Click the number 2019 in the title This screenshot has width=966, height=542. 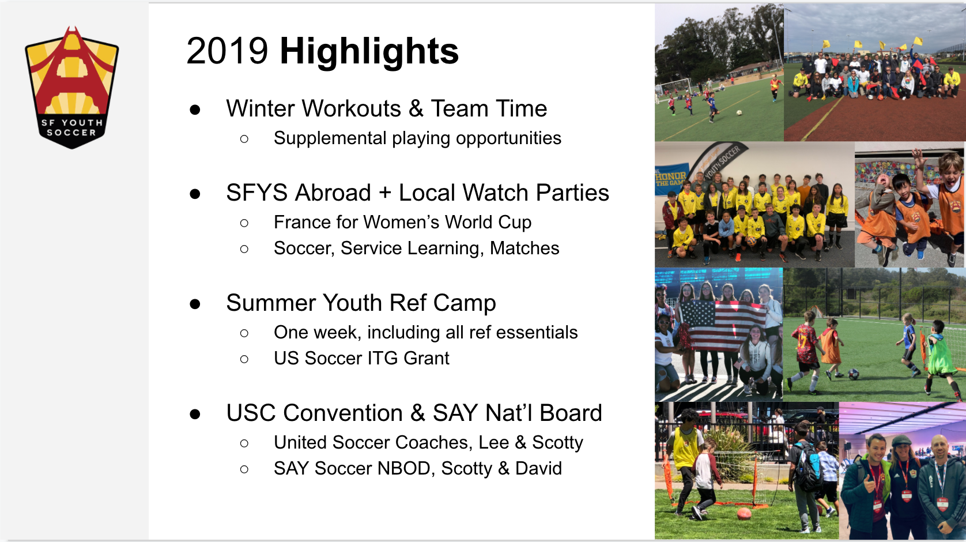227,51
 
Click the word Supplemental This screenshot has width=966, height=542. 330,138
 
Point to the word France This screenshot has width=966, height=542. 302,223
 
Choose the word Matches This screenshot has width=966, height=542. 524,249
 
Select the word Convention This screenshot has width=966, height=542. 344,413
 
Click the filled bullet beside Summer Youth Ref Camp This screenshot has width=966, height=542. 195,304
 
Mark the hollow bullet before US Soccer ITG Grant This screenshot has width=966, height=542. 244,359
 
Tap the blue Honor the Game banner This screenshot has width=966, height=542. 670,178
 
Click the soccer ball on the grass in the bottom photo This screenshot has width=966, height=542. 744,513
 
